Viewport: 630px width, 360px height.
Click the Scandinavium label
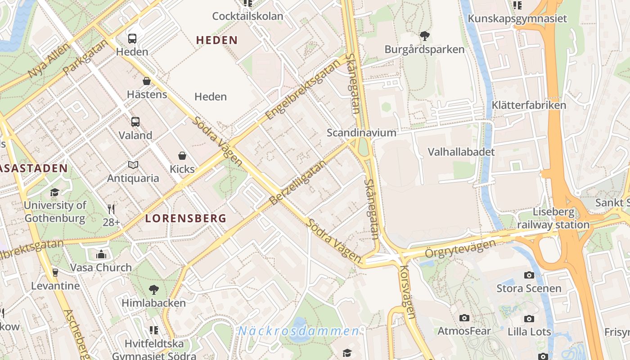point(361,133)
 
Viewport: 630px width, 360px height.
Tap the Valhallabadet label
point(461,152)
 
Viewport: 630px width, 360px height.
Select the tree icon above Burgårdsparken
point(424,36)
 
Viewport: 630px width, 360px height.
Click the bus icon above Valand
point(135,121)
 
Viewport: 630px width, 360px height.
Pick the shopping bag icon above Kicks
point(182,156)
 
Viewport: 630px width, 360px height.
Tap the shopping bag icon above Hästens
point(147,81)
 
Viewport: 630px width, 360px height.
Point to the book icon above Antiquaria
point(133,165)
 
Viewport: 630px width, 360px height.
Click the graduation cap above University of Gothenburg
point(54,192)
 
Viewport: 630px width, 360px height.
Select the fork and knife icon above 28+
point(111,209)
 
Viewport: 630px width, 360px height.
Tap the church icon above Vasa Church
point(101,254)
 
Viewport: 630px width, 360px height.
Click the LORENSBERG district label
point(185,219)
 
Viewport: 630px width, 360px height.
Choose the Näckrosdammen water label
point(298,331)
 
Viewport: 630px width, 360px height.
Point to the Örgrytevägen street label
point(460,249)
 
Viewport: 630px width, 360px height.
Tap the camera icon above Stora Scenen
point(529,275)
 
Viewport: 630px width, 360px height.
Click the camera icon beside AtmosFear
point(464,318)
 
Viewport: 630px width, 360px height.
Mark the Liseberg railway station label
point(553,218)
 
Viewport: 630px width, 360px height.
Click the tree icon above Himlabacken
point(154,289)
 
